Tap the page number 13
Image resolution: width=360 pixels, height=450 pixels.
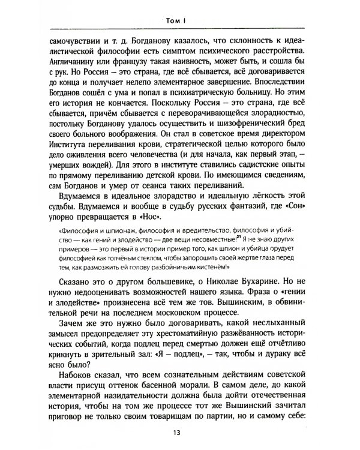[179, 434]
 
